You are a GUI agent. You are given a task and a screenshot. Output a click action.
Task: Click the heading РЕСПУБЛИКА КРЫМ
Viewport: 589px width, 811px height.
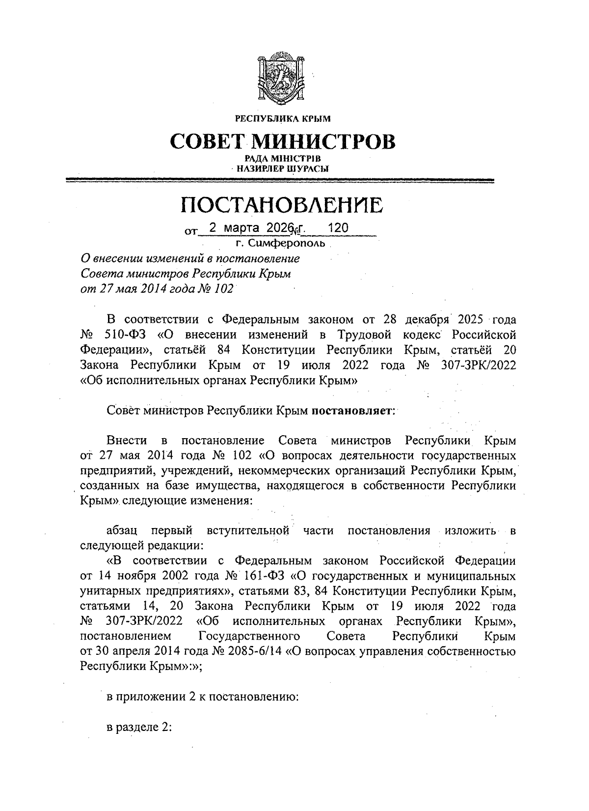[x=283, y=118]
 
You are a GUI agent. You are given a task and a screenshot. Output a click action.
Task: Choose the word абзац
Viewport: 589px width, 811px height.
[x=122, y=531]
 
